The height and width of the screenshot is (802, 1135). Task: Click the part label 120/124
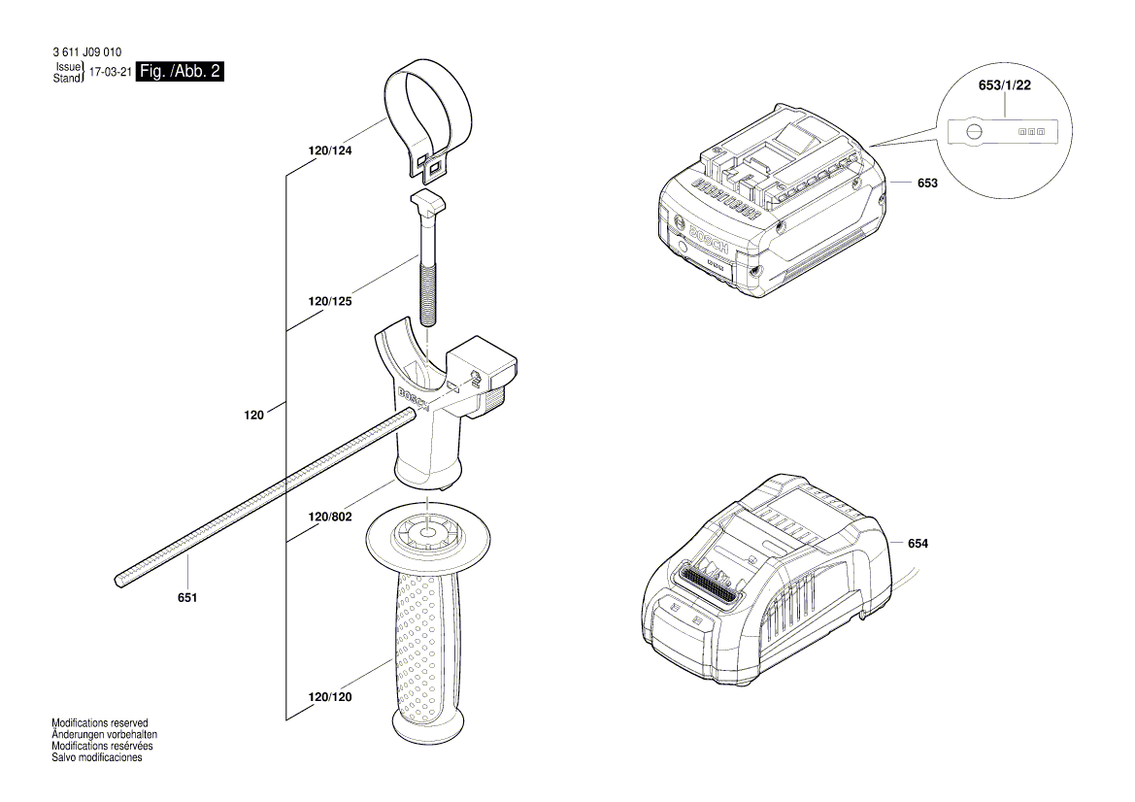tap(330, 151)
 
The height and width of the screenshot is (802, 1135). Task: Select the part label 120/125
tap(330, 302)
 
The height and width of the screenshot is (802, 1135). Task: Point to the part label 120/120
tap(330, 697)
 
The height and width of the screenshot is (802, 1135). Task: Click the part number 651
tap(187, 597)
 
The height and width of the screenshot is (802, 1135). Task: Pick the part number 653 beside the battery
tap(927, 183)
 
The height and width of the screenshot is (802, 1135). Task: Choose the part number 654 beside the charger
tap(918, 544)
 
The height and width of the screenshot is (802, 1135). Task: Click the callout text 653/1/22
tap(1004, 86)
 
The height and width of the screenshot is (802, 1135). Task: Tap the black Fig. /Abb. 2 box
tap(181, 71)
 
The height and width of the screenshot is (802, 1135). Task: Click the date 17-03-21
tap(110, 73)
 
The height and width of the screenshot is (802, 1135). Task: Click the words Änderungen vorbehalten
tap(104, 735)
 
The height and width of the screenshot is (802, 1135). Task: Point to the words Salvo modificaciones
tap(97, 757)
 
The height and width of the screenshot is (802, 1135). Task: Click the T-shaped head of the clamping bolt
tap(427, 203)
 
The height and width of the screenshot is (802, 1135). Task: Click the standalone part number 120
tap(253, 415)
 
